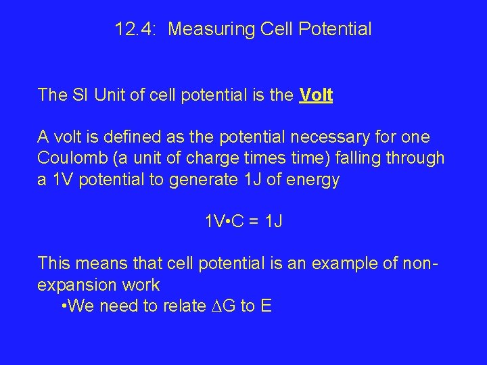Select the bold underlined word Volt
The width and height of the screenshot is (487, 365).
click(x=315, y=95)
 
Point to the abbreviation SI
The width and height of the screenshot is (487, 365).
click(x=80, y=95)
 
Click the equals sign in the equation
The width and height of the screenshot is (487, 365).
click(x=254, y=221)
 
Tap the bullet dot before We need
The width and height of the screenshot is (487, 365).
click(x=64, y=306)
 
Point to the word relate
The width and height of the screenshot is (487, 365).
click(x=184, y=306)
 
